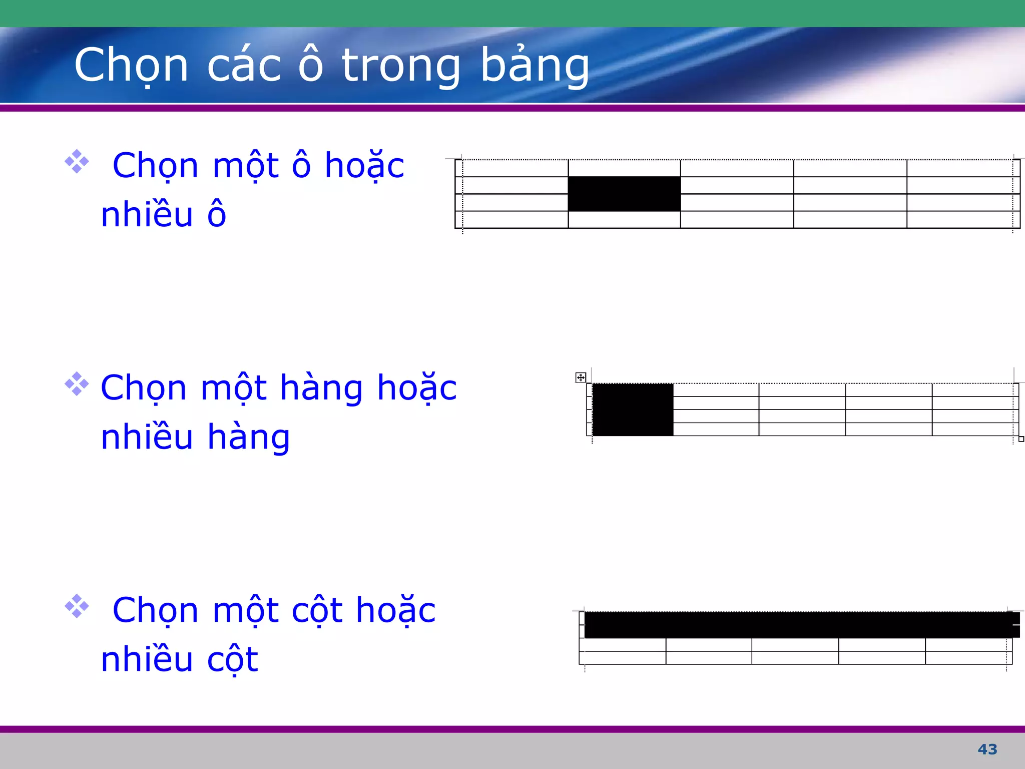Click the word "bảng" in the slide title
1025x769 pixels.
coord(535,66)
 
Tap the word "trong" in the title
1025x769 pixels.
coord(400,66)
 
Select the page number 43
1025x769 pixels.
coord(987,749)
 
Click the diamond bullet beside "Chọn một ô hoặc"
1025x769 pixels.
coord(77,161)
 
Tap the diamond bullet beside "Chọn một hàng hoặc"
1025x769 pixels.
coord(77,384)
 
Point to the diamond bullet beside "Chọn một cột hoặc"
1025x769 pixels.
coord(77,606)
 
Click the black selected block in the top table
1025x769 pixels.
coord(624,194)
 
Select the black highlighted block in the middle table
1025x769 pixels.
coord(633,410)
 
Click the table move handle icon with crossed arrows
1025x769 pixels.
coord(581,377)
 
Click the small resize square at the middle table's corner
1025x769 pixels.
coord(1021,439)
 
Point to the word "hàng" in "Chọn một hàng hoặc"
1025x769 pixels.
coord(321,389)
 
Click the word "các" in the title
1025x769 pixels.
coord(244,66)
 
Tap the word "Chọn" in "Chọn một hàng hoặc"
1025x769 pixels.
coord(144,389)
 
